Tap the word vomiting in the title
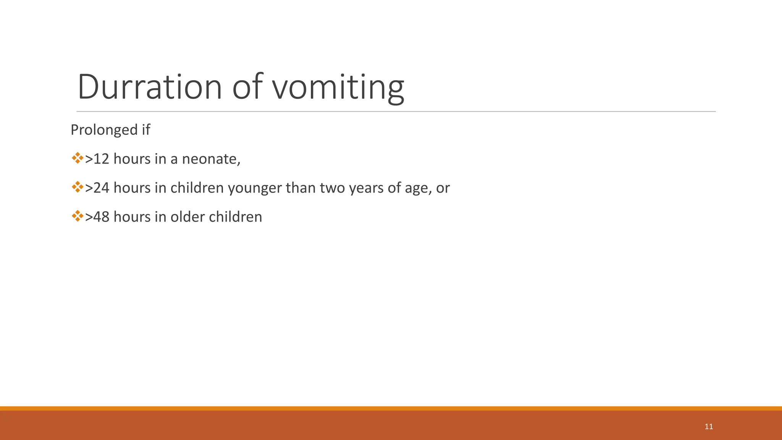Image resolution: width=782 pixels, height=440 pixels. (338, 87)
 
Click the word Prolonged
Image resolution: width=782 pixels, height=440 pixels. (104, 130)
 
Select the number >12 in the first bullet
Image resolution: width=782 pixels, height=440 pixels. (97, 159)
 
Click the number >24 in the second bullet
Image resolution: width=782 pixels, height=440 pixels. (97, 188)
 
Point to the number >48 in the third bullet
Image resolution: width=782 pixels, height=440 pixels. (97, 217)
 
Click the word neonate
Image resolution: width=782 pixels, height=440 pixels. (211, 159)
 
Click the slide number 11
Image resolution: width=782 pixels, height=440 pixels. (709, 427)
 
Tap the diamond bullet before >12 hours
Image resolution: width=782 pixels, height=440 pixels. (77, 158)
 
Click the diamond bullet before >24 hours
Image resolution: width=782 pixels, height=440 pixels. (77, 187)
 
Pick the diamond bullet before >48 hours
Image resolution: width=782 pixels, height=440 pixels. (77, 216)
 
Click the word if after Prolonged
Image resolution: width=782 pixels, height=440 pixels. (146, 130)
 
